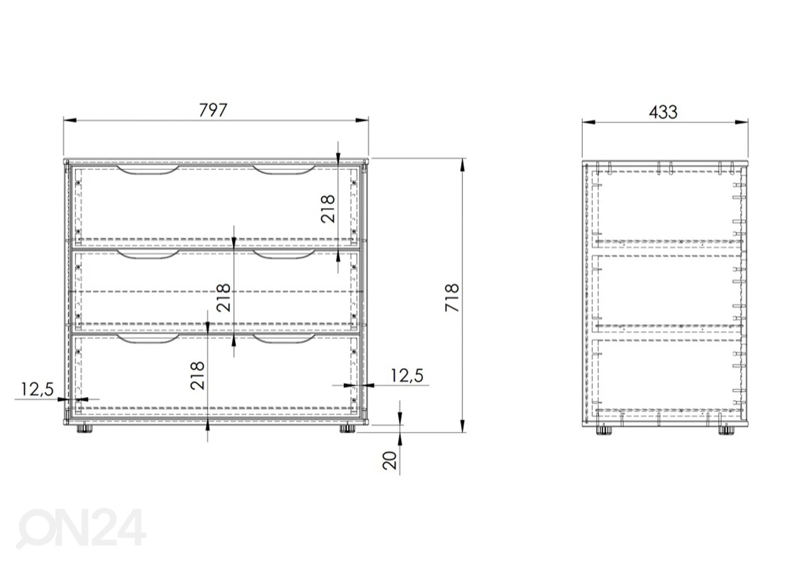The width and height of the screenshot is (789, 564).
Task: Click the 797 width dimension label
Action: click(213, 110)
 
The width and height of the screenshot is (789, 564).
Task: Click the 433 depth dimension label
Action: click(663, 112)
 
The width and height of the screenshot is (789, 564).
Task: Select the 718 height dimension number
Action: click(452, 298)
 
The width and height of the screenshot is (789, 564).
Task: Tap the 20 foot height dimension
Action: click(389, 460)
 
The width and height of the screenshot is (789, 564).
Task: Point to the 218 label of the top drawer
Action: click(328, 209)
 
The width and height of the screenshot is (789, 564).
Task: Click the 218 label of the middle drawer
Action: click(224, 298)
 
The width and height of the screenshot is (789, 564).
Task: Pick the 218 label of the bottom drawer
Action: click(197, 375)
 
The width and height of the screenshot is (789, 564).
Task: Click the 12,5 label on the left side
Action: click(37, 390)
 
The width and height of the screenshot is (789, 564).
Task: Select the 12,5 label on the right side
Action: click(407, 376)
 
